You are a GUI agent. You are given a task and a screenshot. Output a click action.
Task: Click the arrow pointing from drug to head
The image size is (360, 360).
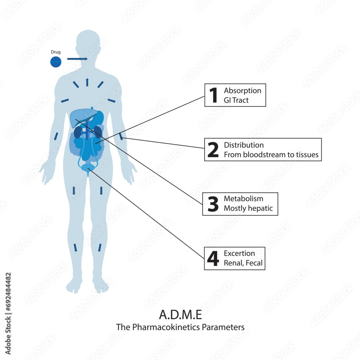tap(77, 59)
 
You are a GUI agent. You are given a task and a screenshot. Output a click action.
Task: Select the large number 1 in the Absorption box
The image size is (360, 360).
tap(213, 95)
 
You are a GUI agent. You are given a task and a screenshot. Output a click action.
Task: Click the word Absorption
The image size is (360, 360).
tap(242, 90)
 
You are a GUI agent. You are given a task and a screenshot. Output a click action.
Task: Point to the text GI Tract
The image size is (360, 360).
tap(236, 100)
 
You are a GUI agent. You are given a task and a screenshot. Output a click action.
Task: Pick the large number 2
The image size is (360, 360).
tap(213, 150)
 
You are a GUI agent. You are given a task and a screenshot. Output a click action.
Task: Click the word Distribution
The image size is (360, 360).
tap(244, 145)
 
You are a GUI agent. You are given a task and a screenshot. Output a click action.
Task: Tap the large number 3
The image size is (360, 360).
tap(213, 204)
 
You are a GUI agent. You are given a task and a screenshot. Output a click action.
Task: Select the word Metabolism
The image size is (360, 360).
tap(243, 199)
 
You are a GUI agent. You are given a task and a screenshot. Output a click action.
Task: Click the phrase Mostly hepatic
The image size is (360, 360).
tap(248, 208)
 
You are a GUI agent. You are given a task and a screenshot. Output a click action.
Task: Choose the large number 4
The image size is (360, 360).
tap(213, 259)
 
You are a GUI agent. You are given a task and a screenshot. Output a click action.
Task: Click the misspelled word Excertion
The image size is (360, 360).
tap(239, 253)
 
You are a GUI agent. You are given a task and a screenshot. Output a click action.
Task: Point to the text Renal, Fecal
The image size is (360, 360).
tap(243, 263)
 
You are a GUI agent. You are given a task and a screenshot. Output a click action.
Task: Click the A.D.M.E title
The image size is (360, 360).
tap(180, 315)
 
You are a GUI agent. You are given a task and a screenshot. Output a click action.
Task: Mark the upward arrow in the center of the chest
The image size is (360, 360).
tap(87, 82)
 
